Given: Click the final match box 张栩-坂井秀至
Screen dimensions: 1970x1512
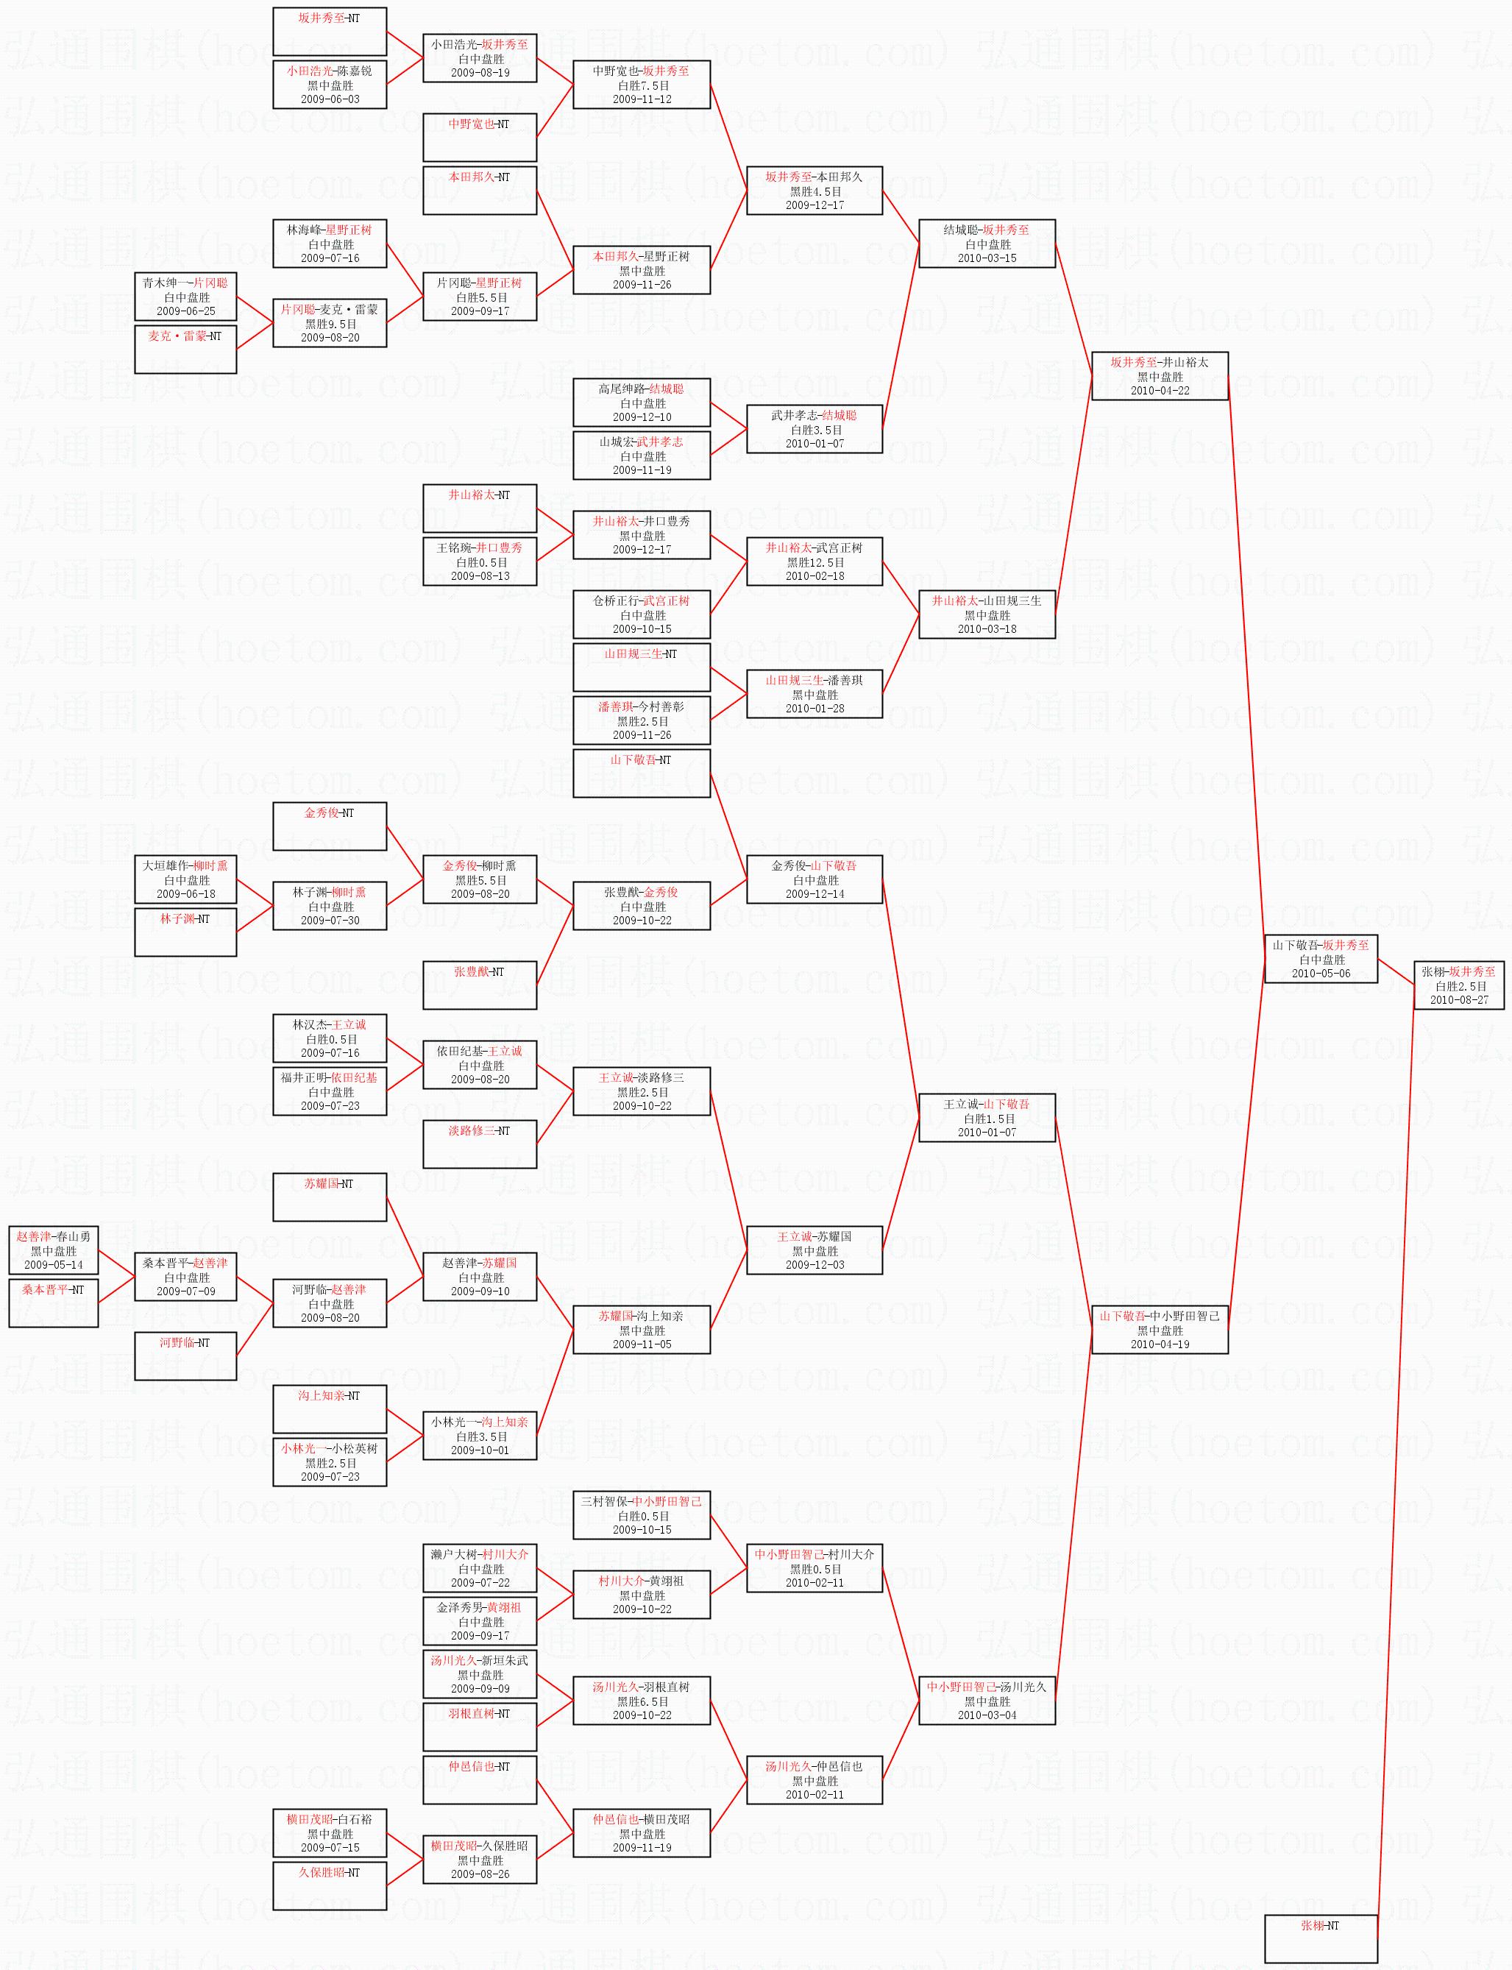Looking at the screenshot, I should click(1458, 985).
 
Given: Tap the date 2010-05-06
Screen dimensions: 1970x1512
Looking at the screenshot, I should click(1320, 973).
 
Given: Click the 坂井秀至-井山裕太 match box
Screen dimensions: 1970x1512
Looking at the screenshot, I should click(1160, 376).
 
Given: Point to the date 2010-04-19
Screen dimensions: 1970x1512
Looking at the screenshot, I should click(1160, 1344).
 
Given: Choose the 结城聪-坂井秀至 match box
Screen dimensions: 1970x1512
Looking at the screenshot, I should click(987, 244).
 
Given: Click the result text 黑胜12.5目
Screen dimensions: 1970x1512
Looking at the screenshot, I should click(814, 562).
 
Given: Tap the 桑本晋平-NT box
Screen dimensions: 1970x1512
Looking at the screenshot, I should click(53, 1303).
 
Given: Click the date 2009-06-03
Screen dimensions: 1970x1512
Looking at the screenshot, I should click(330, 99).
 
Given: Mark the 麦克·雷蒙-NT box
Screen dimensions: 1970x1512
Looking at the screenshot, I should click(185, 349).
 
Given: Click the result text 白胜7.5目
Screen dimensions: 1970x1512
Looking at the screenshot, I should click(642, 85).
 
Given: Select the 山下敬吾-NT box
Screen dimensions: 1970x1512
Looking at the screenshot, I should click(642, 773).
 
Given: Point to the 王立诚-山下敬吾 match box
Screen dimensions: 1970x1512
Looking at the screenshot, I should click(987, 1118).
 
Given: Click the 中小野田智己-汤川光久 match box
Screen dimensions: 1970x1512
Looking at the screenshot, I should click(987, 1701).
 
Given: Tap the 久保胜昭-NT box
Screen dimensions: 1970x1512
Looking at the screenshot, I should click(330, 1886).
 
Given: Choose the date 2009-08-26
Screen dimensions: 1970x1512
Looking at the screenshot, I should click(480, 1874).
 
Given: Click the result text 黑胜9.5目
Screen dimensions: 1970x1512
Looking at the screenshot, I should click(330, 324).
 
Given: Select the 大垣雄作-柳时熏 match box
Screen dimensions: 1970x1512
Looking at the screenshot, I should click(185, 879).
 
